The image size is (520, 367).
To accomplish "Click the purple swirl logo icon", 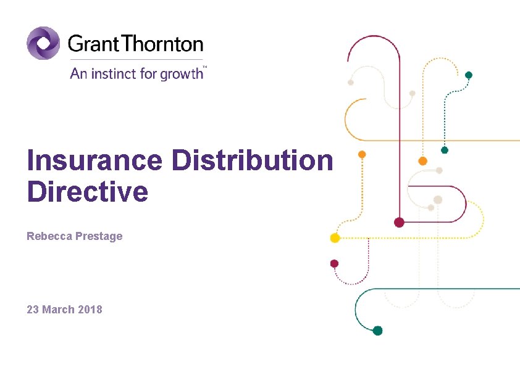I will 43,43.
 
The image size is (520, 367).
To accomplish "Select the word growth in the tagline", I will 182,75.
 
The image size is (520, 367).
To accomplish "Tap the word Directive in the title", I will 87,192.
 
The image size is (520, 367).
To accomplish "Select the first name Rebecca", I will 47,236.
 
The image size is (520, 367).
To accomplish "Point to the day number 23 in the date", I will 33,309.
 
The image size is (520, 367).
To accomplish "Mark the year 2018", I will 91,309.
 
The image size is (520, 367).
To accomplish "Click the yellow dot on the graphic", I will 335,237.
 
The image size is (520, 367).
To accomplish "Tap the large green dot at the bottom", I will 377,331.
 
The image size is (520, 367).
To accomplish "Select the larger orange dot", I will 422,161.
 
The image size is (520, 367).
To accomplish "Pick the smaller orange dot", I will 362,154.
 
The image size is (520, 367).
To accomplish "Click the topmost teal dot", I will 469,75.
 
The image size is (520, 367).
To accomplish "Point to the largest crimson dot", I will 399,222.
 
